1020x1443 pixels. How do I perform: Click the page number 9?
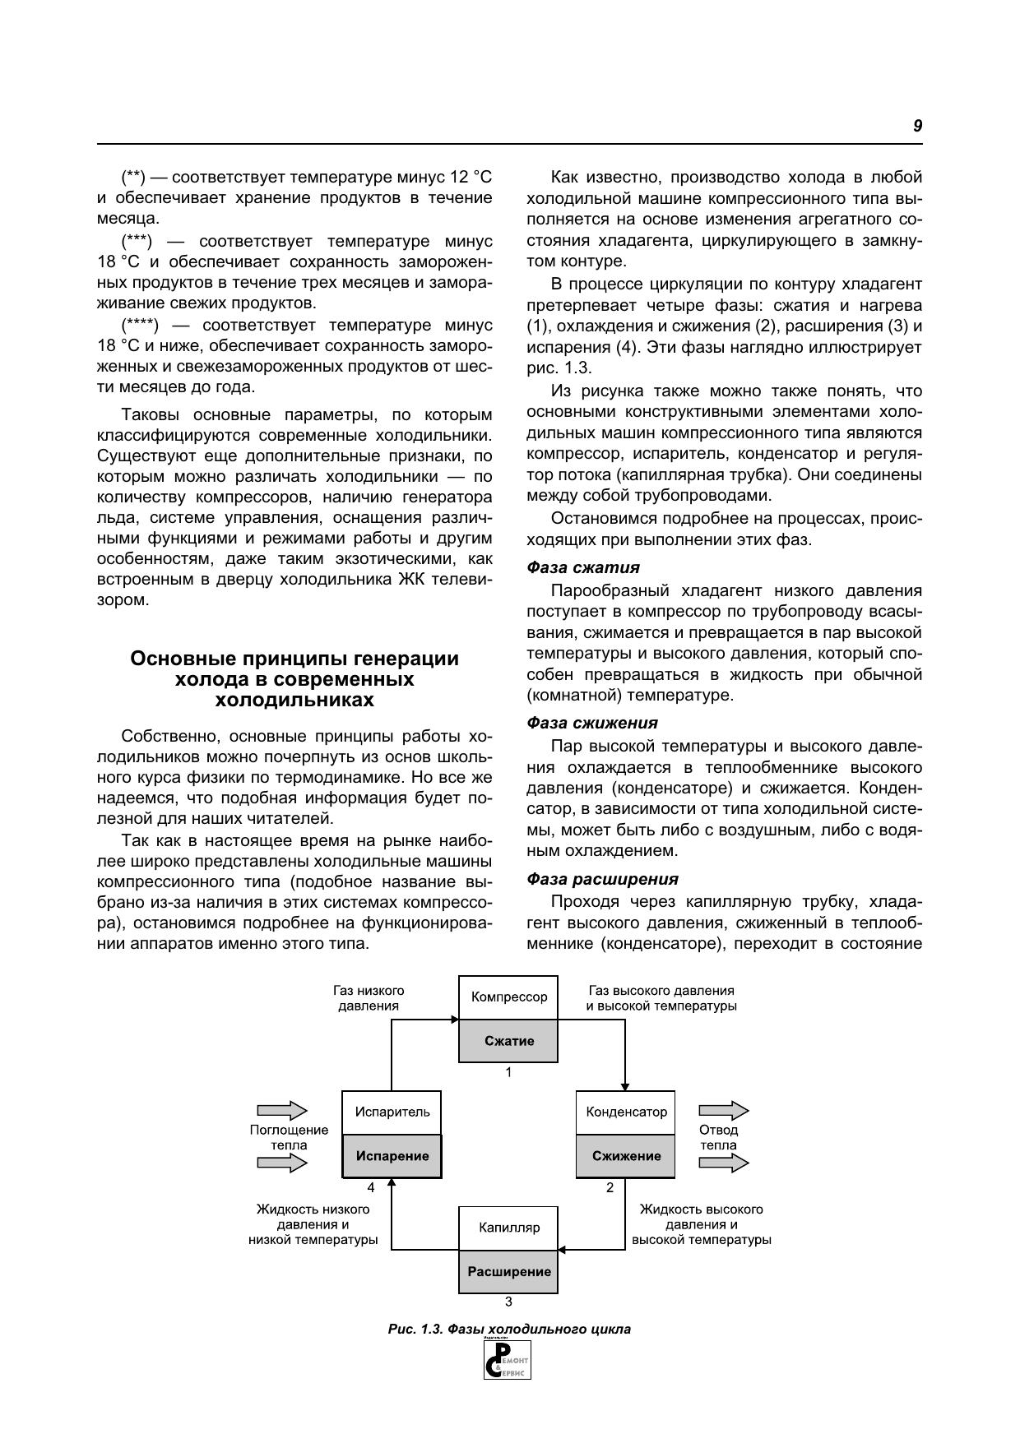click(x=917, y=126)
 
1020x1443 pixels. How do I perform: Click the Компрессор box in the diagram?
click(x=508, y=997)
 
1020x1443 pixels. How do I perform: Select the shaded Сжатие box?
click(x=508, y=1041)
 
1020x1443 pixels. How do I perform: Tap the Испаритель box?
click(x=392, y=1112)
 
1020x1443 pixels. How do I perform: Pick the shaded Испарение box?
click(x=392, y=1156)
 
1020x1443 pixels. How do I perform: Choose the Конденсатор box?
click(x=626, y=1112)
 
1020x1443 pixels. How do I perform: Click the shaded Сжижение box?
click(x=626, y=1156)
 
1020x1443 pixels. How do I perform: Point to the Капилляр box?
click(x=508, y=1228)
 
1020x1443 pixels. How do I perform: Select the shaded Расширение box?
click(x=508, y=1271)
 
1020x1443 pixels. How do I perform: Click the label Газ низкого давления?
click(x=369, y=998)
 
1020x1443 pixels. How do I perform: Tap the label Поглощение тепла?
click(x=289, y=1137)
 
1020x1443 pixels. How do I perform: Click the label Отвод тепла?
click(x=718, y=1137)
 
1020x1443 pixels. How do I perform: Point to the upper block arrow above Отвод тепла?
click(x=724, y=1112)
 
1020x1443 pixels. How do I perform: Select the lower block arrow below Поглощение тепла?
click(x=282, y=1163)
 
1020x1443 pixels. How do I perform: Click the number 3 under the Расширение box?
click(x=508, y=1302)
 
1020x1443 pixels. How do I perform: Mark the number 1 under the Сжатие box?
click(x=508, y=1072)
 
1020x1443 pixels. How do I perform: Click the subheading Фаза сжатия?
click(x=582, y=567)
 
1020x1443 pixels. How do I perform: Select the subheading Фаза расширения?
click(x=602, y=879)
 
